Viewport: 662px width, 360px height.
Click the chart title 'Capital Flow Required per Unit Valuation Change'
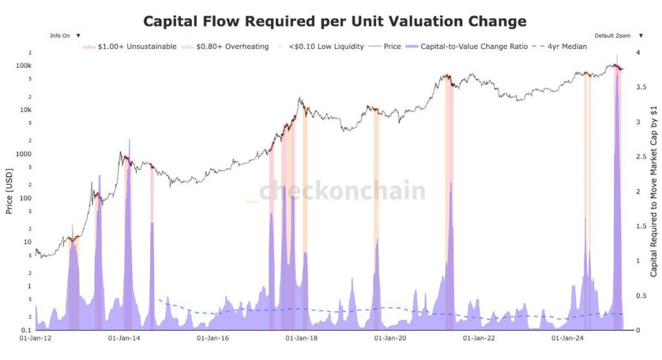click(334, 21)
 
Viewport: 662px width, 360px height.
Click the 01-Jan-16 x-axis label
click(212, 338)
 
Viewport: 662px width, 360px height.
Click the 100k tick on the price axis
click(24, 66)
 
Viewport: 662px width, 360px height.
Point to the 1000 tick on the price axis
click(23, 154)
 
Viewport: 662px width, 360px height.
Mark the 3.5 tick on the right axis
click(639, 87)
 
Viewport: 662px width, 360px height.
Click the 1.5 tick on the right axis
click(639, 226)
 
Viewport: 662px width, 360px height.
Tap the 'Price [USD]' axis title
click(8, 191)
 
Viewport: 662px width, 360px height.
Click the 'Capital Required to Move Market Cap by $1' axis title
click(654, 191)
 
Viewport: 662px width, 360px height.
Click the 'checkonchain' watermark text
click(342, 191)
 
